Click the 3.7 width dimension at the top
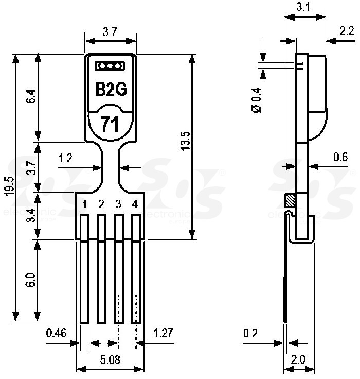click(110, 32)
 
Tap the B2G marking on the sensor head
click(111, 89)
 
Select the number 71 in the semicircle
click(110, 124)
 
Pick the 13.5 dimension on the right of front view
click(186, 141)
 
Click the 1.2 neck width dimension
click(65, 158)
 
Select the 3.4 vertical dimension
click(31, 215)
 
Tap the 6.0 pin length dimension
click(31, 281)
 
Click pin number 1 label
click(85, 204)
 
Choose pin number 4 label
click(135, 204)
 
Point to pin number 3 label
click(118, 204)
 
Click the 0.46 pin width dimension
click(56, 333)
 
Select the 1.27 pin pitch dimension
click(164, 333)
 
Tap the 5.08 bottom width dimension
click(110, 360)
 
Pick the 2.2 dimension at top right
click(347, 31)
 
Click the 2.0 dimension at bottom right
click(298, 359)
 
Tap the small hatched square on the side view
click(290, 201)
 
